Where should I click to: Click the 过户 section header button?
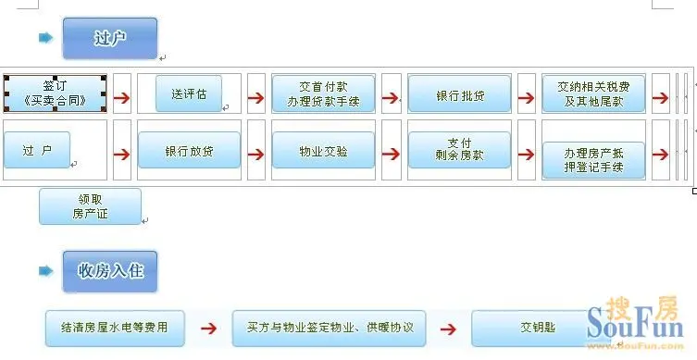[110, 39]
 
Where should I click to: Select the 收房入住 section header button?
[110, 271]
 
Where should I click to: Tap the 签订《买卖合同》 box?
[56, 93]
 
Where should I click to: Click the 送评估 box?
[189, 93]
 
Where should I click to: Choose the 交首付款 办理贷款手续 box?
[323, 93]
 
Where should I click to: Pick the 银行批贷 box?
[459, 94]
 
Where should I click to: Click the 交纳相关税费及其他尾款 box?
[593, 93]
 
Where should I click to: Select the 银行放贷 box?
[189, 150]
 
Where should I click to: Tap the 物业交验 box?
[323, 150]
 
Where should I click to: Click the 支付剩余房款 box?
[459, 150]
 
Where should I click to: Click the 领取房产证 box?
[90, 206]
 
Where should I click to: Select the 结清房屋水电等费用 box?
[115, 327]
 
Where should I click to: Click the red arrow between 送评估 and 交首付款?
[256, 95]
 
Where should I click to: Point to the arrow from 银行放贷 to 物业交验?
[256, 151]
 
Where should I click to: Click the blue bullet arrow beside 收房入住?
[45, 271]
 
